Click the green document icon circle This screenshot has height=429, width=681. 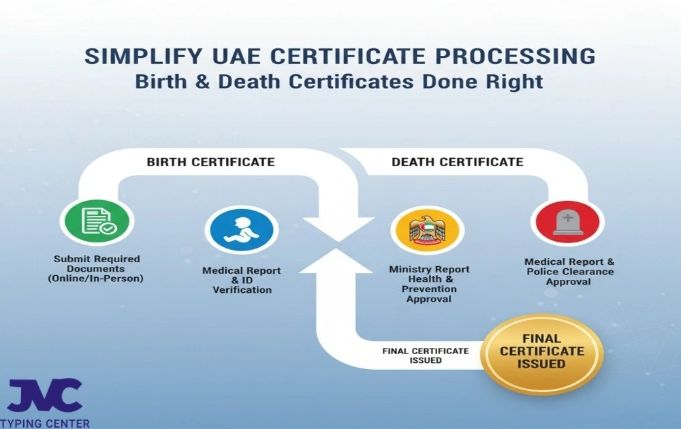tap(97, 222)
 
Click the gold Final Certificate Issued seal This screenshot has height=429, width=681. tap(542, 351)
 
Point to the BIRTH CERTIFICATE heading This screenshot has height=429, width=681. tap(211, 162)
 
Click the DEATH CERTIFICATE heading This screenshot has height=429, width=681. tap(457, 162)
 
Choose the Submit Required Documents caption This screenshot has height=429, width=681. tap(97, 268)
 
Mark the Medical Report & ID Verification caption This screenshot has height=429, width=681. tap(241, 280)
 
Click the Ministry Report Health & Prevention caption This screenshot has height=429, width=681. tap(429, 284)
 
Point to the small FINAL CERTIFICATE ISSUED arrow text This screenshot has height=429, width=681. tap(426, 355)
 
